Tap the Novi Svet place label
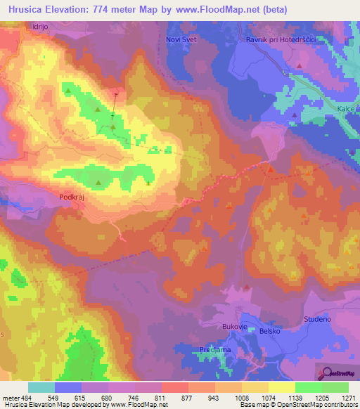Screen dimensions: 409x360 click(181, 39)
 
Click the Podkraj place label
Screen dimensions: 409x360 click(73, 198)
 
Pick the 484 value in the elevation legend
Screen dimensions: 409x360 click(24, 398)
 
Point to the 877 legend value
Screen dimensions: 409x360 click(187, 398)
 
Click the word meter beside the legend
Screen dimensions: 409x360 click(9, 398)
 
